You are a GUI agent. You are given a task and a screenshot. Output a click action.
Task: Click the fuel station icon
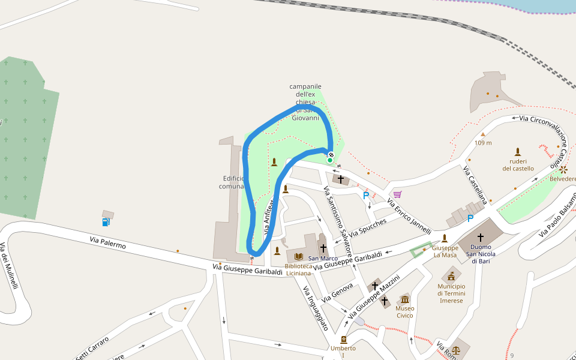pos(106,222)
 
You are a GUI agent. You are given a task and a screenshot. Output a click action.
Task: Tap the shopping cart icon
pos(397,194)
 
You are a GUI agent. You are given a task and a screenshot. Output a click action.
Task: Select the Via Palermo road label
pos(108,242)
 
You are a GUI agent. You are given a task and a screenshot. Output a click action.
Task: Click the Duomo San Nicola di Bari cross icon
pos(480,238)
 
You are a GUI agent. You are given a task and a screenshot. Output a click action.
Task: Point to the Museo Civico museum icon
pos(405,299)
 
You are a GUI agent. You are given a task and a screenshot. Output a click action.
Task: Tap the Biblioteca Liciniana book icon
pos(298,257)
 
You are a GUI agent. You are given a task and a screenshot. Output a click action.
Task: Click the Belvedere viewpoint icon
pos(563,170)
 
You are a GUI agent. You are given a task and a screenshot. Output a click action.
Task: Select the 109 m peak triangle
pos(483,134)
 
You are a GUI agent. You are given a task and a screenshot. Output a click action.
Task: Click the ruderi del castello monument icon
pos(518,152)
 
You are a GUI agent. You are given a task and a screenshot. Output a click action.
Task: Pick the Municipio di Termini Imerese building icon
pos(451,276)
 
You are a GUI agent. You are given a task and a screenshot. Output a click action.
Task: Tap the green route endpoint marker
pos(330,160)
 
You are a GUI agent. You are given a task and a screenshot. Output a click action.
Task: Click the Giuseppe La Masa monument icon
pos(445,238)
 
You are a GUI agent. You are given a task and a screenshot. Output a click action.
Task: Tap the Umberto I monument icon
pos(343,340)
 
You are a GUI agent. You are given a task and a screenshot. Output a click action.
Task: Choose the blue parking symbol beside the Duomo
pos(470,218)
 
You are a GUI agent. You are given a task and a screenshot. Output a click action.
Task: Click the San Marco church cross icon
pos(323,248)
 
